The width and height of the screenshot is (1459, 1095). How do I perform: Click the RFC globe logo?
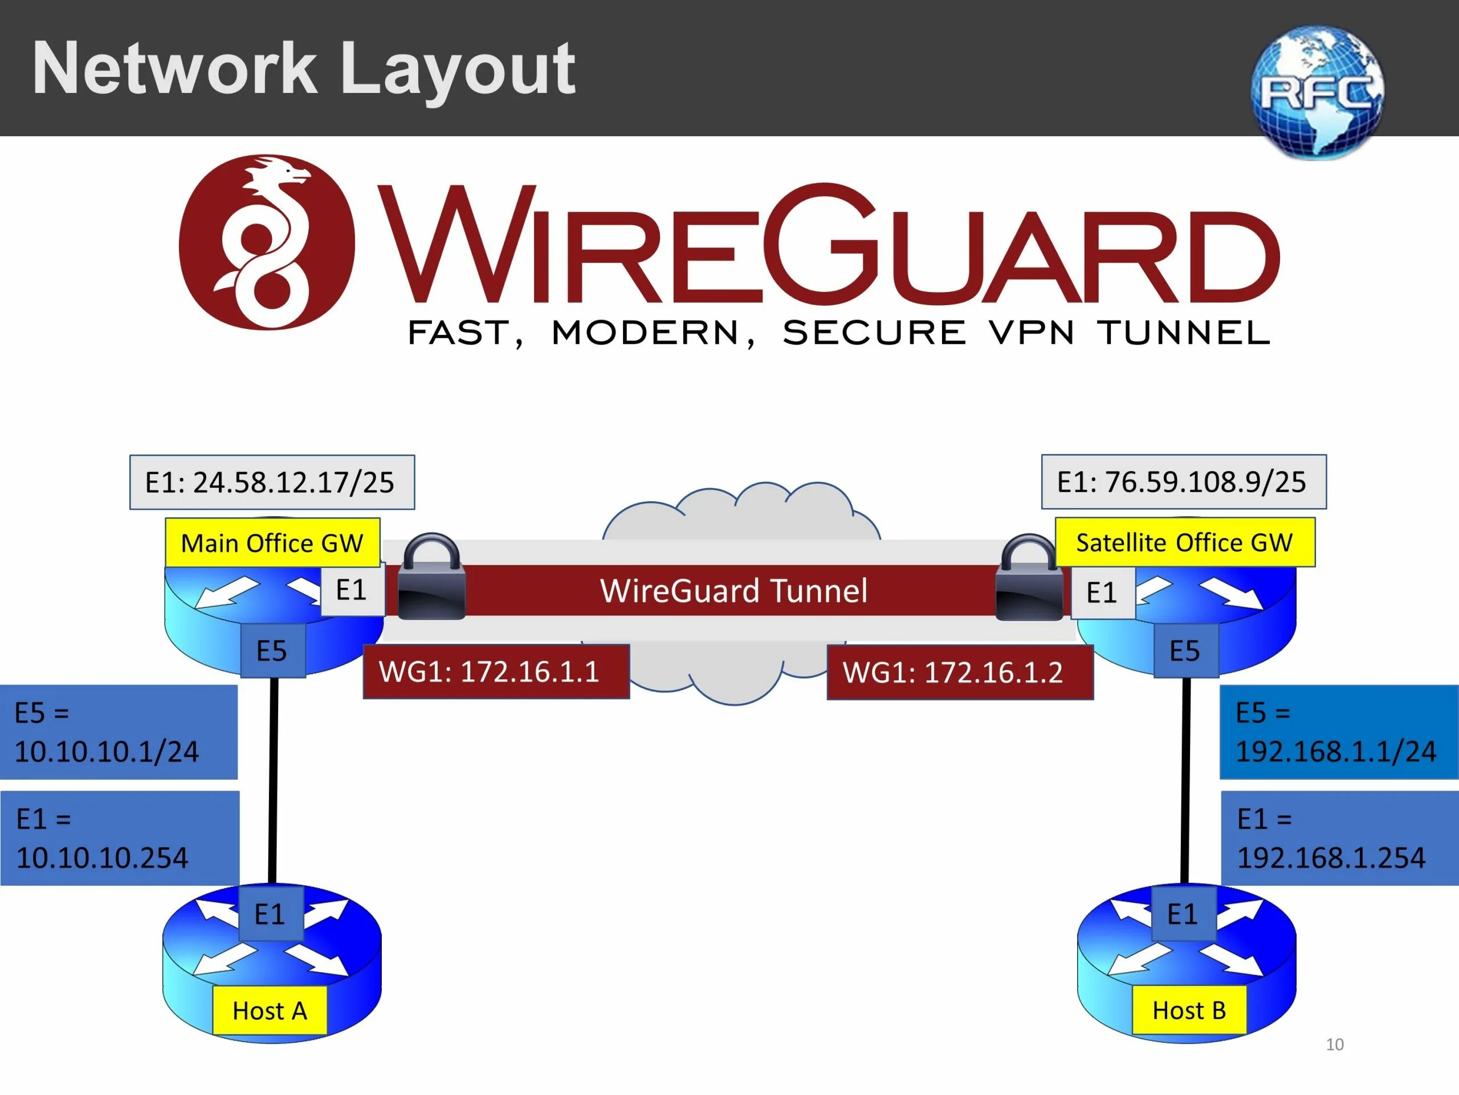[x=1317, y=92]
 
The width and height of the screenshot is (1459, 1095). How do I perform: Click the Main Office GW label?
[x=272, y=542]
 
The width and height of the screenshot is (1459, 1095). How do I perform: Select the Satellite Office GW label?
[x=1185, y=542]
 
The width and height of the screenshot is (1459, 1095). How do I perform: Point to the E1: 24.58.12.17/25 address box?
[x=272, y=482]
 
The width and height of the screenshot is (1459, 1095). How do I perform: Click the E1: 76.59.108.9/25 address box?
[x=1183, y=482]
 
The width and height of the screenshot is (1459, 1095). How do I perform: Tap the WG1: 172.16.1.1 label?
[x=496, y=672]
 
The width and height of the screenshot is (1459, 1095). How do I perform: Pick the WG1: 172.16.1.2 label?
[x=960, y=672]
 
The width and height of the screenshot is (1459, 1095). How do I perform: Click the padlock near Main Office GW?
[x=432, y=577]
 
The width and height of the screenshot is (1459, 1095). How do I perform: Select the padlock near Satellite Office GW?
[x=1028, y=578]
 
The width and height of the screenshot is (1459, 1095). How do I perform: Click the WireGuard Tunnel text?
[x=733, y=591]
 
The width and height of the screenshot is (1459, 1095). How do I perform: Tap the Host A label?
[x=270, y=1010]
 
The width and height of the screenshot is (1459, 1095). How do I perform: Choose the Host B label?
[x=1188, y=1010]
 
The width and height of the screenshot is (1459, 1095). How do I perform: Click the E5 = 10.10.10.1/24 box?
[x=119, y=732]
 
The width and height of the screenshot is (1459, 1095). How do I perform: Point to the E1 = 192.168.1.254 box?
[x=1338, y=838]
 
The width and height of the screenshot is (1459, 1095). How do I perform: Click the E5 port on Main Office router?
[x=272, y=651]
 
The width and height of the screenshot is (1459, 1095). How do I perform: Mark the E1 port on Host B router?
[x=1183, y=914]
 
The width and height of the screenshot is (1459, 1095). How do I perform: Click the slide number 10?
[x=1334, y=1044]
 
